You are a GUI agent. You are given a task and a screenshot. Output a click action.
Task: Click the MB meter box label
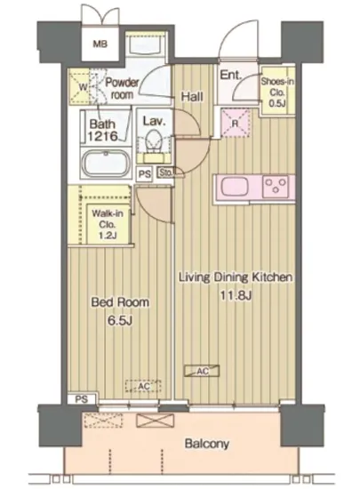click(100, 44)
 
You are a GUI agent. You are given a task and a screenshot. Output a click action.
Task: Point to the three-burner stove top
click(276, 186)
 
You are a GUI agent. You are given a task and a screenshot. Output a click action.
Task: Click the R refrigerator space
click(236, 123)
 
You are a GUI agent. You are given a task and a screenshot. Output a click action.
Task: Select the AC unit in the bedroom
click(143, 386)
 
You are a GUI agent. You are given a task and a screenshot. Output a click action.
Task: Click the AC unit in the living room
click(202, 371)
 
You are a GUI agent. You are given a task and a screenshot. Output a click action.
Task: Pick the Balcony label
click(206, 443)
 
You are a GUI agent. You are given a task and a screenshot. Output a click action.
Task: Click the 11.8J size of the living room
click(236, 295)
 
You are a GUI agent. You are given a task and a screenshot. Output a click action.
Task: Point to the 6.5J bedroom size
click(120, 321)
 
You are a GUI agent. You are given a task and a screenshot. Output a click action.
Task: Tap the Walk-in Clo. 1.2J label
click(108, 224)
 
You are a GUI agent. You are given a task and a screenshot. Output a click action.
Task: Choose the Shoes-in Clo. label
click(277, 92)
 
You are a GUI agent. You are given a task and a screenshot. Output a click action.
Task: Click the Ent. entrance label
click(230, 75)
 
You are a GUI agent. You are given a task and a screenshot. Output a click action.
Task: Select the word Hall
click(192, 96)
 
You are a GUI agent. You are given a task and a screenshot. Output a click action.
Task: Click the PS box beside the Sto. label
click(144, 173)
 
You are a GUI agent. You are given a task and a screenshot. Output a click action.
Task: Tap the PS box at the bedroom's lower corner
click(82, 399)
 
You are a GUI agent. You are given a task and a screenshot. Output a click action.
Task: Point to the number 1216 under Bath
click(102, 136)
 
